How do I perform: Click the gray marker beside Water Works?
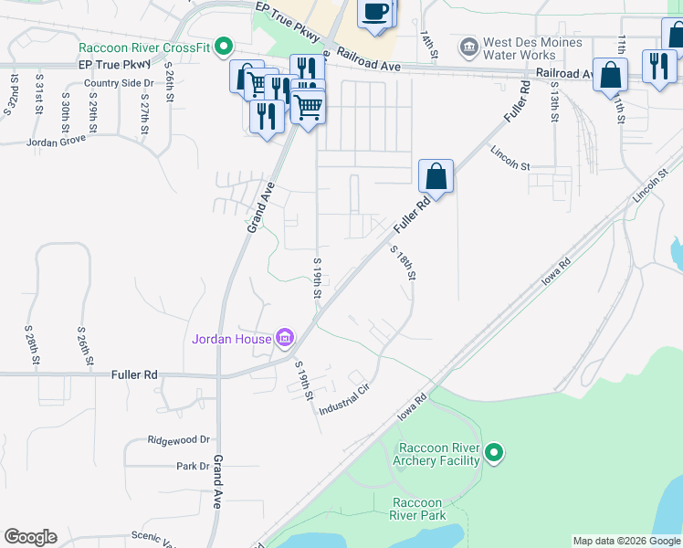click(468, 46)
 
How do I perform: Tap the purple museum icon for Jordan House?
click(285, 339)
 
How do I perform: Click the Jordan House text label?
click(231, 340)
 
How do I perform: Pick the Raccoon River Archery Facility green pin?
click(494, 453)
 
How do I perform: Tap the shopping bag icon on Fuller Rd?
click(436, 175)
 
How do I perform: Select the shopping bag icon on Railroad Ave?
click(610, 75)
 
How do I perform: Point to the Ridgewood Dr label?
click(179, 439)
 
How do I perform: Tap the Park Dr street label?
click(193, 466)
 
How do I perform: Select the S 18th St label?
click(403, 264)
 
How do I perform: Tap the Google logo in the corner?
click(30, 537)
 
